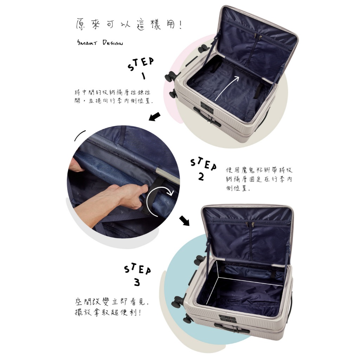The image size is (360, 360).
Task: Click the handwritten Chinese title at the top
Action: pos(129,25)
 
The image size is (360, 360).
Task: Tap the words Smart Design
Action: pos(100,43)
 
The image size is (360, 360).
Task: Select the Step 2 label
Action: pos(204,169)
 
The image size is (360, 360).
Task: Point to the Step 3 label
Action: pos(137,275)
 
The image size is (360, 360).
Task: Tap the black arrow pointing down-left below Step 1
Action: pos(155,116)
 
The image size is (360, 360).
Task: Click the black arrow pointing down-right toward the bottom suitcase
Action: pos(185,220)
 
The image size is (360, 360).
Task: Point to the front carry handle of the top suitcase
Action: pos(207,117)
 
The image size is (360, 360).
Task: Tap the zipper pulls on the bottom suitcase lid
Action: pos(250,224)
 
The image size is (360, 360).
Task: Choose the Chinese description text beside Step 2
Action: pos(259,179)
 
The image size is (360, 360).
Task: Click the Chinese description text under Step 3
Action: pos(112,307)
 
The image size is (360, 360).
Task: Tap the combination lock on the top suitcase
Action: pos(207,106)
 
